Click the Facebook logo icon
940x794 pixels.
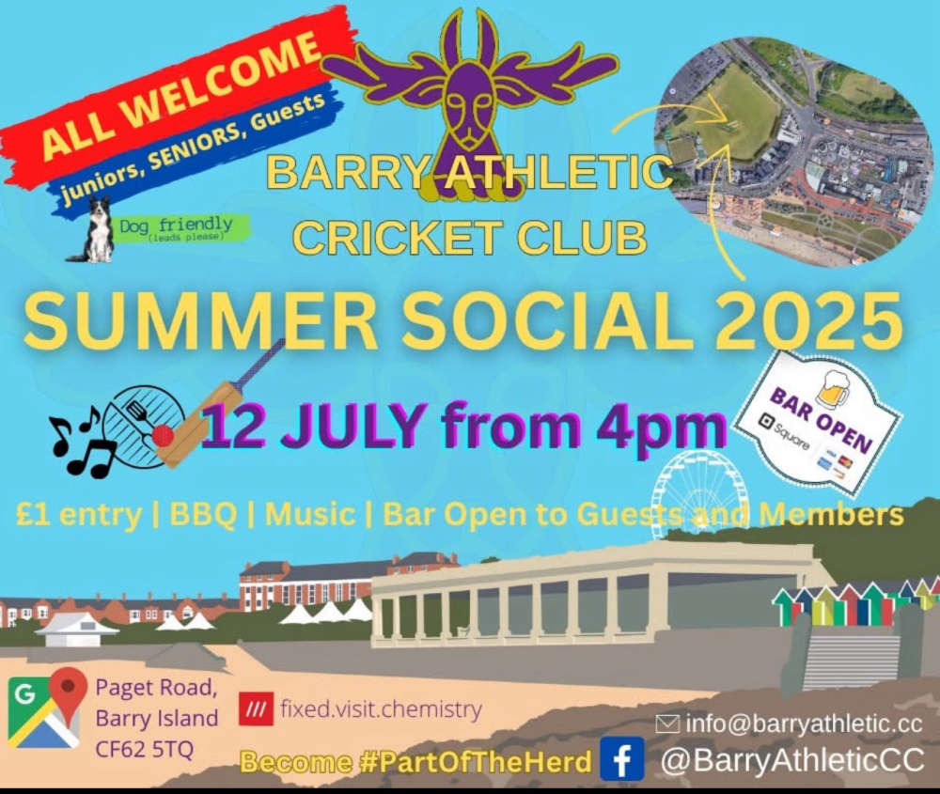click(621, 758)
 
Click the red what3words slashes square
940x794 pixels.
click(257, 708)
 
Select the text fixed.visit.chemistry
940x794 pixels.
click(382, 708)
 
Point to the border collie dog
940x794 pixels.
click(95, 231)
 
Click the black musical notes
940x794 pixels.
click(84, 441)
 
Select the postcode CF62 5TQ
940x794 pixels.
click(145, 749)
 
